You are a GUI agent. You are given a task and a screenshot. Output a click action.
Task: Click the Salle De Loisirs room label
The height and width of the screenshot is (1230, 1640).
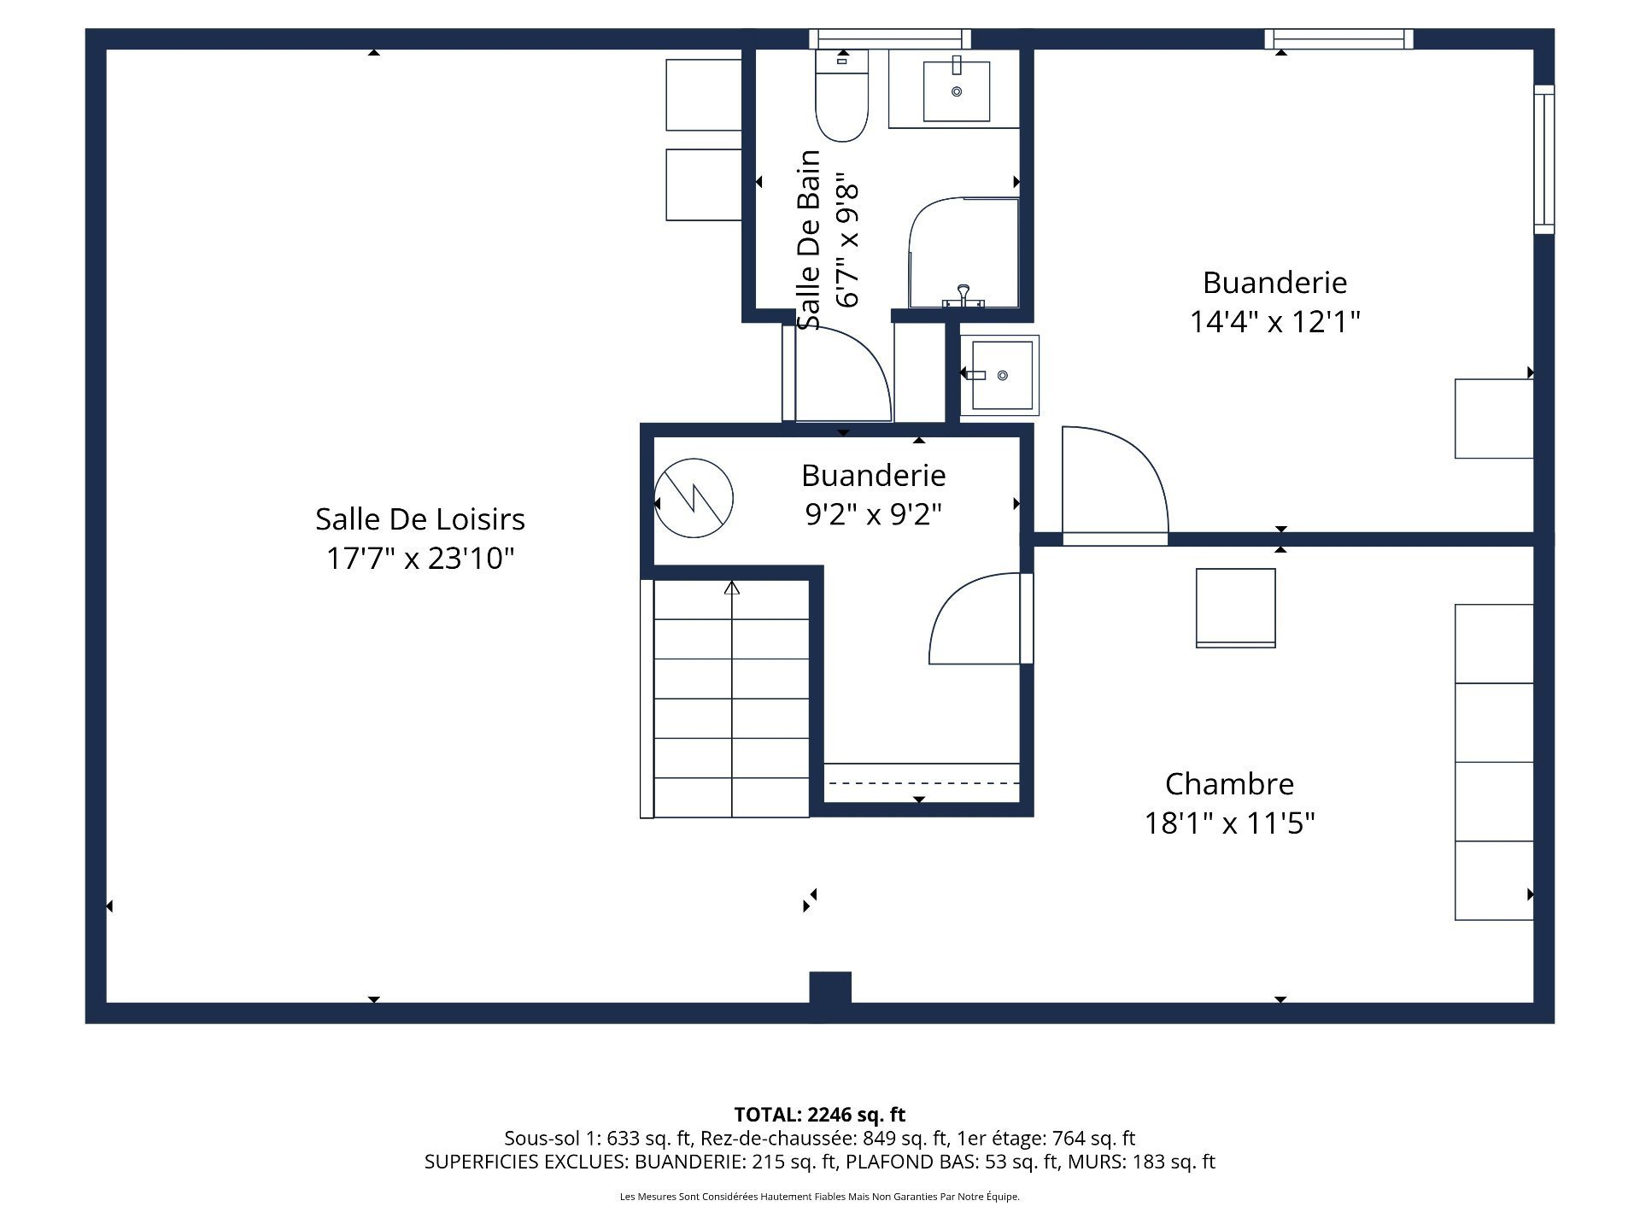[419, 519]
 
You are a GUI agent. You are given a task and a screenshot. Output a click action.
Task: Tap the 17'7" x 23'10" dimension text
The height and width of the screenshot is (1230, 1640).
[419, 559]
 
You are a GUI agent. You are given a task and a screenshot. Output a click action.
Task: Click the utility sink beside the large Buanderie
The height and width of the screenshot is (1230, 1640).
[1000, 376]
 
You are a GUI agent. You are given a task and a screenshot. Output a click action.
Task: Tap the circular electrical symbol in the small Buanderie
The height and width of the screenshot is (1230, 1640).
[694, 499]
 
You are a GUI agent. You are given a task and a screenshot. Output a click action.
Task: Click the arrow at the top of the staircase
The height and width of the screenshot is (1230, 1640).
[732, 588]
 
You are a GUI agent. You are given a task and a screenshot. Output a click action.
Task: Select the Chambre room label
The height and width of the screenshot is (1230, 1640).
[1229, 784]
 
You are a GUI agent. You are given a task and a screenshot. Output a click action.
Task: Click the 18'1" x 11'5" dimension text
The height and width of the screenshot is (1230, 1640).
[1229, 823]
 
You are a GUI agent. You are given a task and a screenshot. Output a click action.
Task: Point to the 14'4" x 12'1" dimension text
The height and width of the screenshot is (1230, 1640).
[1274, 322]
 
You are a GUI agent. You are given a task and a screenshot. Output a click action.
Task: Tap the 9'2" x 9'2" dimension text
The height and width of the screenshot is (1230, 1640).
[873, 514]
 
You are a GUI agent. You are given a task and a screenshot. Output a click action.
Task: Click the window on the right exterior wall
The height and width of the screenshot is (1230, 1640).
[1543, 160]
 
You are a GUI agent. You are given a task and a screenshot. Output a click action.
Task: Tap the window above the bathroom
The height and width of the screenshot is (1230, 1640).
[889, 39]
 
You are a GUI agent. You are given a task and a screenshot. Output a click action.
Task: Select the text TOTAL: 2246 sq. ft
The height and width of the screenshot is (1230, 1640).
[819, 1115]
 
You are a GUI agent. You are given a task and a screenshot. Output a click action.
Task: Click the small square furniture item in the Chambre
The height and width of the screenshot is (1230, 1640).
[1235, 608]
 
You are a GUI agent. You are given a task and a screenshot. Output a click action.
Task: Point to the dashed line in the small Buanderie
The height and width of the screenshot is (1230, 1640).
[922, 782]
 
